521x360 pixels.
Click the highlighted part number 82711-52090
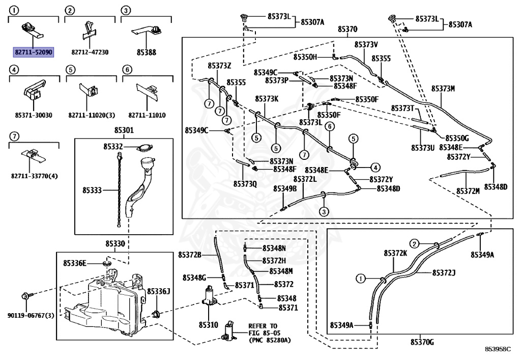[x=33, y=52]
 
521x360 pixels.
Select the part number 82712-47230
[x=90, y=52]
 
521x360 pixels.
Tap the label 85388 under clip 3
[x=146, y=52]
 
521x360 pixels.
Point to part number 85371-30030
[x=33, y=116]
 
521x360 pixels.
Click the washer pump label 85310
[x=208, y=324]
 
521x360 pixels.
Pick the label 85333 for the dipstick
[x=93, y=190]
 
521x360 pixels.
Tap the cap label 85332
[x=113, y=147]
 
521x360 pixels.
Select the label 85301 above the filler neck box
[x=124, y=130]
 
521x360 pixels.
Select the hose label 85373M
[x=443, y=89]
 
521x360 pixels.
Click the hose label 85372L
[x=305, y=179]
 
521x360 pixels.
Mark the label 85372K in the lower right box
[x=395, y=253]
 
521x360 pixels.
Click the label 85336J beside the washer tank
[x=158, y=291]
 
